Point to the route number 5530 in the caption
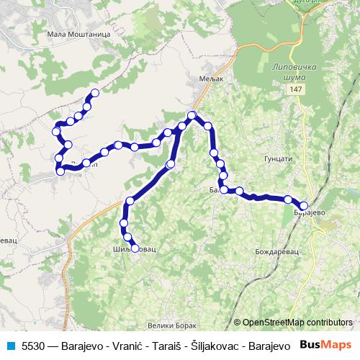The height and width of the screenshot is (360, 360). coord(32,346)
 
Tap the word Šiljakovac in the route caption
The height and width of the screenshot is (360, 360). coord(214,346)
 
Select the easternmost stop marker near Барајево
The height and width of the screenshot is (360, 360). coord(304,206)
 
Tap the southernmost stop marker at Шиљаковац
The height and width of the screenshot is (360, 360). coord(135,248)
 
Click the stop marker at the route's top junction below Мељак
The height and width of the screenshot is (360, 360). coord(192,115)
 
